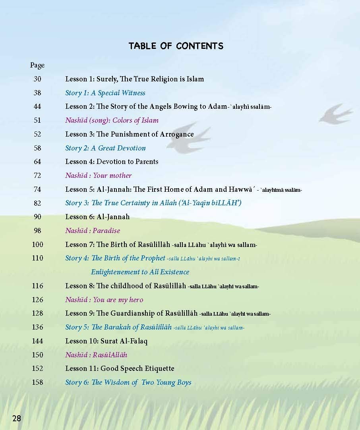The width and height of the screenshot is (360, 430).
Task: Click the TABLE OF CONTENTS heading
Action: tap(176, 46)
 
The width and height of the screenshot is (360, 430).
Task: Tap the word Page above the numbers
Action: tap(37, 65)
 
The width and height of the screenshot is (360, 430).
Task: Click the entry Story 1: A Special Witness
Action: tap(105, 93)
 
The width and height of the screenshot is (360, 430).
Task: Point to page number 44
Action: tap(37, 106)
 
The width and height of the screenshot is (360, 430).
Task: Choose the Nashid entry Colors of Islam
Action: tap(112, 120)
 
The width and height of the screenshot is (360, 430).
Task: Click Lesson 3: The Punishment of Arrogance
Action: tap(129, 134)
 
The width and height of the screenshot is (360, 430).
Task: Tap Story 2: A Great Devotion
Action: tap(105, 148)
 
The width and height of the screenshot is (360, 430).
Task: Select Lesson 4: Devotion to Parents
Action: tap(112, 162)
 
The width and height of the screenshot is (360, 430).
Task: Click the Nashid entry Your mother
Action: tap(98, 175)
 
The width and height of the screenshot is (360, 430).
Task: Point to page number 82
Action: tap(37, 203)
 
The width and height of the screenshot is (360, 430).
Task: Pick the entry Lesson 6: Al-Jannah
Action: tap(97, 217)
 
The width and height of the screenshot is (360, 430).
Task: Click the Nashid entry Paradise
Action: tap(93, 231)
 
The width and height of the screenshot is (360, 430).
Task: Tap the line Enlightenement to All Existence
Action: tap(140, 272)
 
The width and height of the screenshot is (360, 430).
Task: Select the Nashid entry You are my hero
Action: tap(104, 300)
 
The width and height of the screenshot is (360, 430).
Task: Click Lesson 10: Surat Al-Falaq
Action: tap(106, 341)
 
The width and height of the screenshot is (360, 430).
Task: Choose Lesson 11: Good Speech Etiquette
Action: tap(120, 368)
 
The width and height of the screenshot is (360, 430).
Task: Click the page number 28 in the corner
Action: tap(17, 418)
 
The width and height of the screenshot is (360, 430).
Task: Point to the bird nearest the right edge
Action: tap(335, 113)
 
